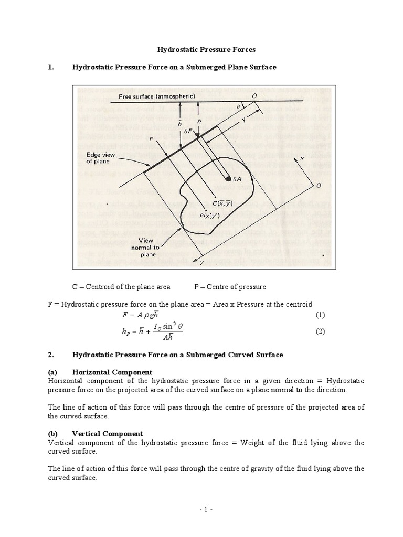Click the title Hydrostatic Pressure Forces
click(x=206, y=50)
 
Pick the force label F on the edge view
click(x=136, y=140)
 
